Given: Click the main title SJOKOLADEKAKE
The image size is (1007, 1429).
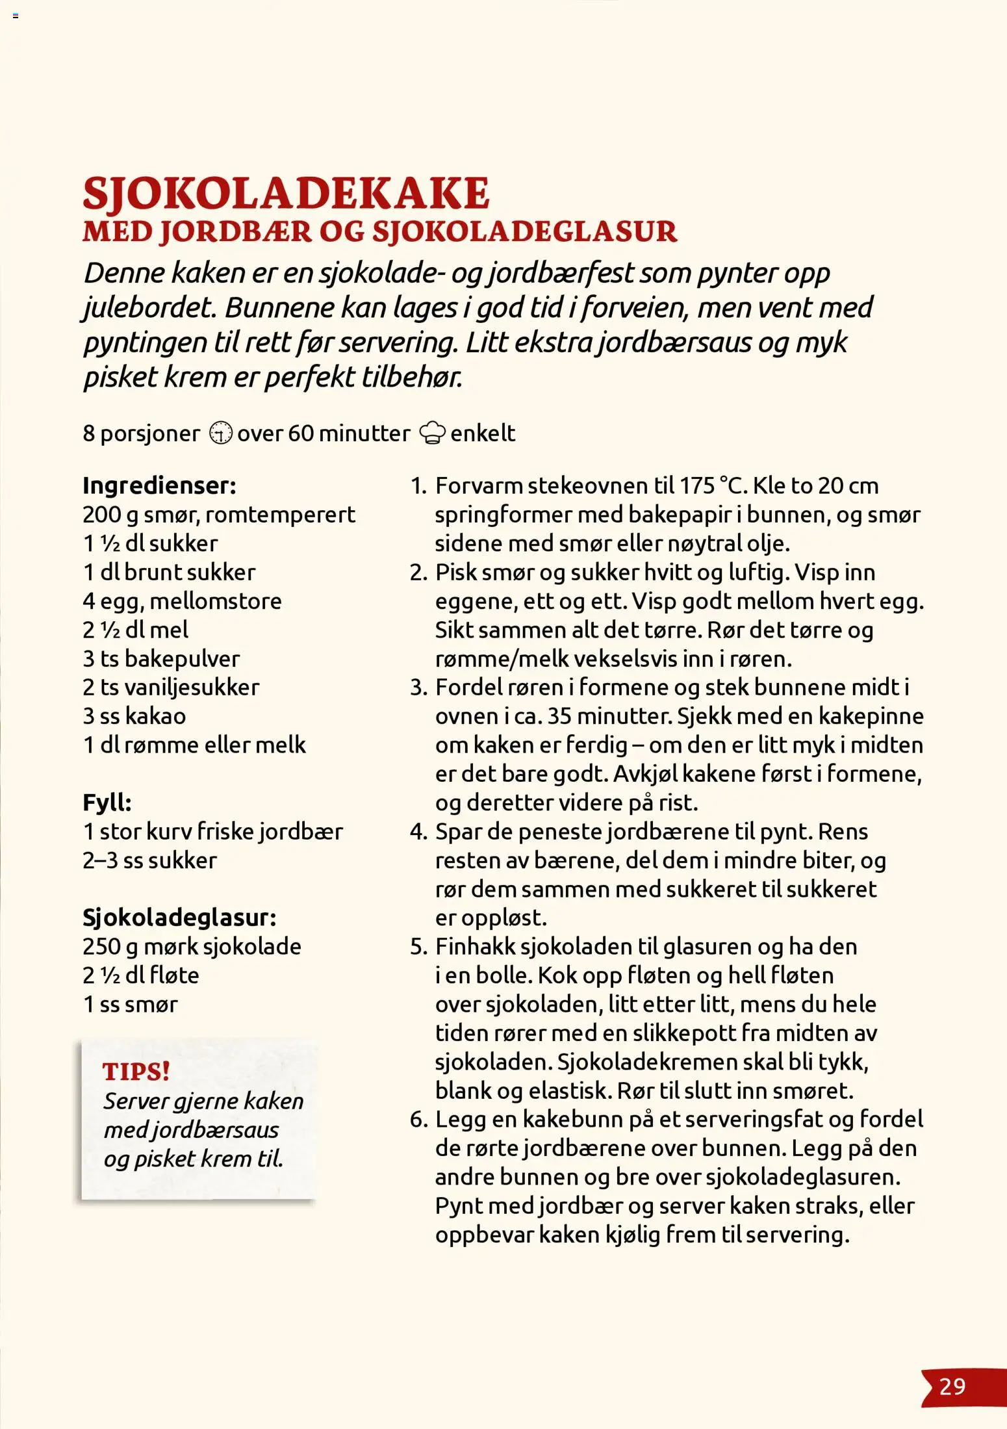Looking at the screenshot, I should click(x=286, y=193).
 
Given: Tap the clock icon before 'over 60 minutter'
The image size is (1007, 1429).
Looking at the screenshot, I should click(x=221, y=433).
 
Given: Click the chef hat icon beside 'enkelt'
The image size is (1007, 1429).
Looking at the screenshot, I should click(x=433, y=433).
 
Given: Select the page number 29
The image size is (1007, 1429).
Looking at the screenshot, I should click(x=952, y=1387).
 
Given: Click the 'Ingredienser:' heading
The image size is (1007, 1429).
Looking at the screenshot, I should click(x=159, y=485).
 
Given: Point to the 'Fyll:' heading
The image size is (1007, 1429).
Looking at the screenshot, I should click(x=107, y=803).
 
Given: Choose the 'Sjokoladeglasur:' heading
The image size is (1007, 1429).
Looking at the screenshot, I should click(x=179, y=918).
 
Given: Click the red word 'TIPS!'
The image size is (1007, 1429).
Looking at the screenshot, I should click(x=136, y=1072).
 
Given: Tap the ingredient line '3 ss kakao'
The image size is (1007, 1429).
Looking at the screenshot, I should click(x=134, y=716).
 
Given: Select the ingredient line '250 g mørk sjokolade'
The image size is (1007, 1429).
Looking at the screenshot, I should click(x=192, y=946).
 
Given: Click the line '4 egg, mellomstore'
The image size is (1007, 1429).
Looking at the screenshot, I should click(x=182, y=601).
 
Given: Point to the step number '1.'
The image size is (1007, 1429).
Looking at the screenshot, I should click(x=418, y=486).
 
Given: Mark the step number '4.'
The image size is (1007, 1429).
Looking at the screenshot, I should click(x=418, y=832).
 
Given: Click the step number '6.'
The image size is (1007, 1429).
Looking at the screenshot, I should click(x=418, y=1120).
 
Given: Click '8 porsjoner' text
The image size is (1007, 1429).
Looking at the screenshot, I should click(x=141, y=433).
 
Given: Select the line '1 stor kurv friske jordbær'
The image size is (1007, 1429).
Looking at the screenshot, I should click(x=212, y=832).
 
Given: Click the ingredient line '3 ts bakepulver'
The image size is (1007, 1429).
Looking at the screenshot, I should click(x=161, y=659).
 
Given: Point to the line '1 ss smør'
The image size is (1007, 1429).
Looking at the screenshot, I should click(x=130, y=1004).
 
